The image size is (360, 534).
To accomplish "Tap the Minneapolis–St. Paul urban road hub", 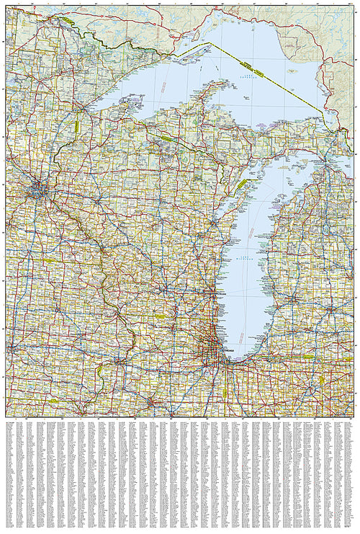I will pos(38,191).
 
